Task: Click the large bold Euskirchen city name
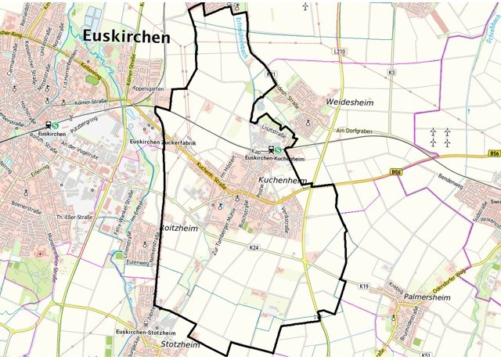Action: tap(125, 37)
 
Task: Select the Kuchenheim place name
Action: tap(279, 181)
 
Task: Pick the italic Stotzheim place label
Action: tap(180, 345)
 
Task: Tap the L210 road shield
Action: tap(339, 52)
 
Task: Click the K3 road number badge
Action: tap(391, 73)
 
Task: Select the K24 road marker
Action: tap(254, 247)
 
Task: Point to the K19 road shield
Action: tap(364, 287)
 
